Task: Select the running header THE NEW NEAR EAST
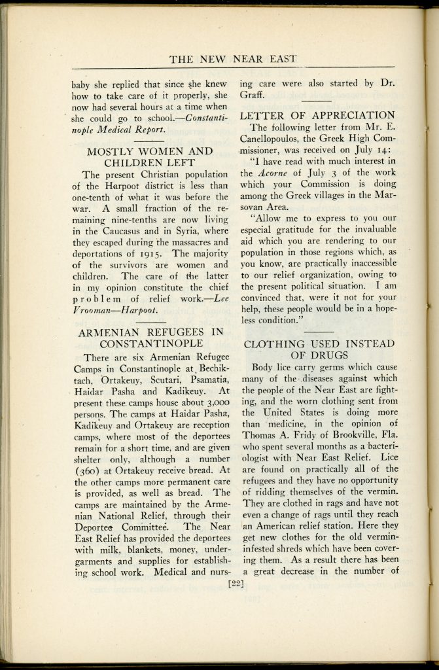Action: click(233, 59)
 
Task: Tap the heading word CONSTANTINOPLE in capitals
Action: click(151, 343)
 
